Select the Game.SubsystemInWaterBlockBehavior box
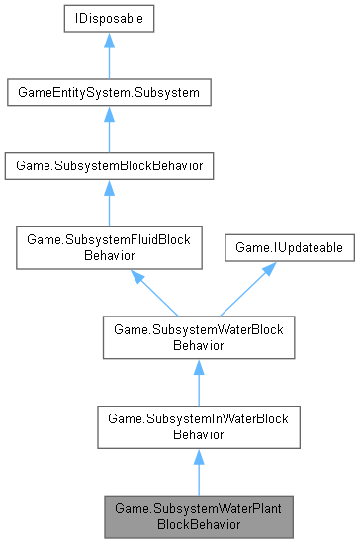[198, 426]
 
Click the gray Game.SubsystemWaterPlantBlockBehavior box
[198, 515]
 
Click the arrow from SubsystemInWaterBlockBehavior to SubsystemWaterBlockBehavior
[198, 382]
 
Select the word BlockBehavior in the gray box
[198, 523]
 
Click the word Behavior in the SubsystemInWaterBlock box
[198, 434]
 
